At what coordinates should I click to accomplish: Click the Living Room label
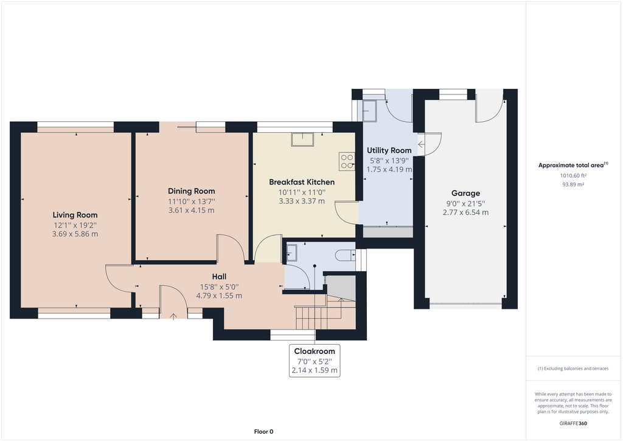pos(75,215)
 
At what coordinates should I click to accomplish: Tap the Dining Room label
pos(191,191)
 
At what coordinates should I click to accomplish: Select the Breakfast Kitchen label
pos(302,182)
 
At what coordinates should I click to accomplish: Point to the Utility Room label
pos(389,150)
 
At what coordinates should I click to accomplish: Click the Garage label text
pos(465,194)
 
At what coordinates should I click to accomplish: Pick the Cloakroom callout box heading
pos(315,351)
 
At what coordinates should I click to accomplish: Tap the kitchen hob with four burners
pos(347,161)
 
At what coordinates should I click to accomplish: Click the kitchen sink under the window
pos(302,140)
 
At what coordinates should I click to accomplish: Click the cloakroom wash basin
pos(291,252)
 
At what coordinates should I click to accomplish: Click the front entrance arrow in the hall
pos(174,316)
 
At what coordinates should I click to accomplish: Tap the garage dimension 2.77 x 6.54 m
pos(465,213)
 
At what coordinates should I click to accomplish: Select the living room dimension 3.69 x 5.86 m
pos(75,234)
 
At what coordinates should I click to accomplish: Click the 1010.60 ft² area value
pos(573,175)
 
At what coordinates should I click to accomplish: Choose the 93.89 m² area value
pos(573,184)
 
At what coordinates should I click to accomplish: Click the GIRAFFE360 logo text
pos(574,423)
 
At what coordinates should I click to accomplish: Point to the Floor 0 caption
pos(263,431)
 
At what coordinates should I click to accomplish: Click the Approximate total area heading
pos(573,165)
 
